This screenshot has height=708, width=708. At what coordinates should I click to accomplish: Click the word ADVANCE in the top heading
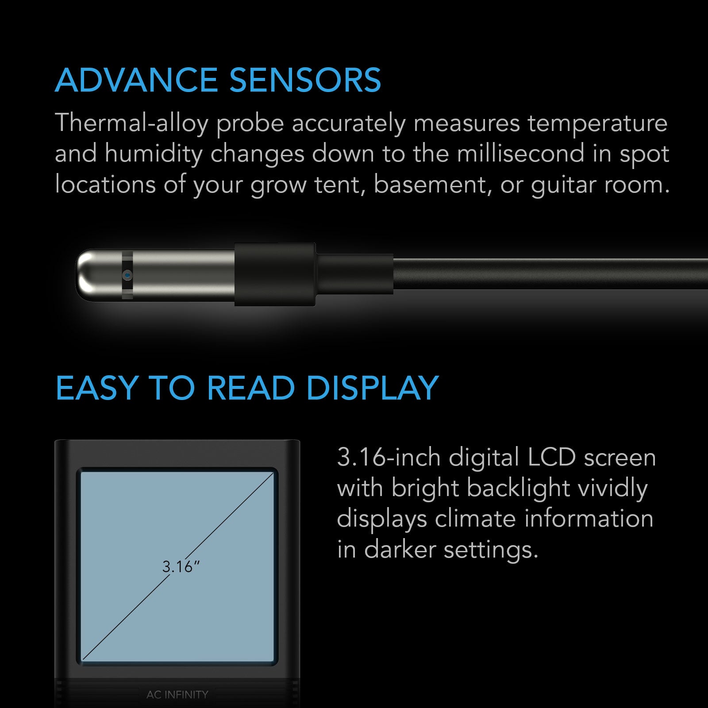pyautogui.click(x=136, y=81)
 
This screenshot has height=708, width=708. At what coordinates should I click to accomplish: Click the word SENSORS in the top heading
pyautogui.click(x=305, y=81)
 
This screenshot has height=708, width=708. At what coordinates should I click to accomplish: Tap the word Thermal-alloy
pyautogui.click(x=131, y=123)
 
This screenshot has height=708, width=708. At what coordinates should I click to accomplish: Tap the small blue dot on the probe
pyautogui.click(x=127, y=275)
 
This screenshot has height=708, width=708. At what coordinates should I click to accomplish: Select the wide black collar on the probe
pyautogui.click(x=275, y=274)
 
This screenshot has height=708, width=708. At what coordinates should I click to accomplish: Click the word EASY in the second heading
pyautogui.click(x=97, y=388)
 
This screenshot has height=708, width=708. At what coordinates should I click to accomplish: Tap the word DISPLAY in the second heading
pyautogui.click(x=372, y=388)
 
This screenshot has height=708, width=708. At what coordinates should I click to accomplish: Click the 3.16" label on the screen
pyautogui.click(x=181, y=567)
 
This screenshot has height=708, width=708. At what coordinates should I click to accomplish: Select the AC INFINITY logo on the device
pyautogui.click(x=177, y=694)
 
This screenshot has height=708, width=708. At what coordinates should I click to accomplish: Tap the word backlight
pyautogui.click(x=518, y=489)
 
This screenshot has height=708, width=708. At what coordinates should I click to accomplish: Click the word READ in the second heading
pyautogui.click(x=251, y=388)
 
